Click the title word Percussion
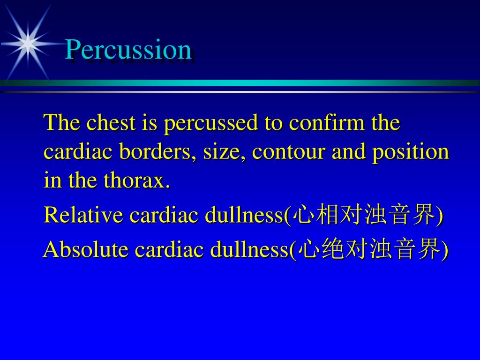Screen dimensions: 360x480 pyautogui.click(x=128, y=50)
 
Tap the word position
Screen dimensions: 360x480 pyautogui.click(x=411, y=152)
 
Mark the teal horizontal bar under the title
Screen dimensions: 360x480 pyautogui.click(x=240, y=83)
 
